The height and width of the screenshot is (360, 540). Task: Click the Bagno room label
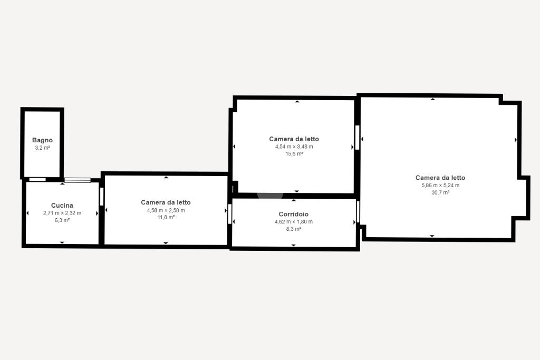point(42,140)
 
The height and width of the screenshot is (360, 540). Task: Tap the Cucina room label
point(62,206)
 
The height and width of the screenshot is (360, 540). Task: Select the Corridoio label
point(293,214)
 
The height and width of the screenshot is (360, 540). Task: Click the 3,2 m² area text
point(42,148)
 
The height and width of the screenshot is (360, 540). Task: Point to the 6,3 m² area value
point(62,220)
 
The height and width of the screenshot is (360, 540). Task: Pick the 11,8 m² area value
point(166,217)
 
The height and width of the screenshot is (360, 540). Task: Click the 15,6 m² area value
point(294,154)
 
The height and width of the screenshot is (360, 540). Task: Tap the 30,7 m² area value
point(440,192)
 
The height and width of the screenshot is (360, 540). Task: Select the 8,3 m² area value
point(293,229)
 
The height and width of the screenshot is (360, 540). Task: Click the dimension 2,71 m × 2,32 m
point(62,213)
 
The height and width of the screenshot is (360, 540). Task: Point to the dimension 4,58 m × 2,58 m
point(166,210)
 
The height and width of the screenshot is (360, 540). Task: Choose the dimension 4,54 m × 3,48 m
point(294,147)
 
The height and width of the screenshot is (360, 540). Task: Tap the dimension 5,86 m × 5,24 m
point(440,185)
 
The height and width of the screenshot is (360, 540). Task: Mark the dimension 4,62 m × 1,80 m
point(293,222)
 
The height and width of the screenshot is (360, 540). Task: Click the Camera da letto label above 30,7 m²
point(440,178)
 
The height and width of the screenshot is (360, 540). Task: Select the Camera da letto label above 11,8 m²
point(166,202)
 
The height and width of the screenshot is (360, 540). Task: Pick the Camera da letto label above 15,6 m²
point(294,139)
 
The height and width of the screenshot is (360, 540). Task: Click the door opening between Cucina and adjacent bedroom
point(102,197)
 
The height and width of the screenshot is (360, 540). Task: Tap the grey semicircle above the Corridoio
point(271,196)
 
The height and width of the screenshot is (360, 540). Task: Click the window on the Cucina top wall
point(78,180)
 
